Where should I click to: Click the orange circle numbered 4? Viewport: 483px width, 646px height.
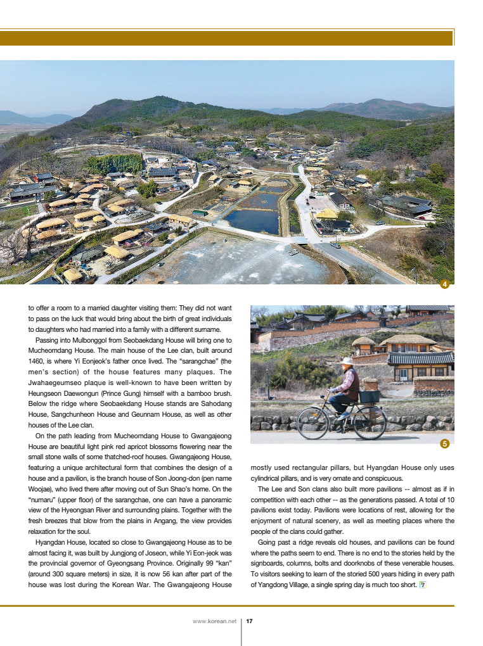coord(444,284)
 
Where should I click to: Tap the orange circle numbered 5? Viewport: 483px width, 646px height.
coord(444,444)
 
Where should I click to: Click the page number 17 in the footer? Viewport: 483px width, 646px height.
coord(250,621)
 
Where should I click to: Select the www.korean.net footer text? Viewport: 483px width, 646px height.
coord(214,621)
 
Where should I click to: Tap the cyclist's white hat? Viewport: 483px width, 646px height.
coord(347,362)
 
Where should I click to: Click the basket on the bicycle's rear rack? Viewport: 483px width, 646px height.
coord(370,396)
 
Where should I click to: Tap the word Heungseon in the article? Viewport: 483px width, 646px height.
coord(46,393)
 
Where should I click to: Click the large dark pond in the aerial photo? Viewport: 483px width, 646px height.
coord(252,221)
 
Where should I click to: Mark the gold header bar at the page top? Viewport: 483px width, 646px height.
coord(227,39)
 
